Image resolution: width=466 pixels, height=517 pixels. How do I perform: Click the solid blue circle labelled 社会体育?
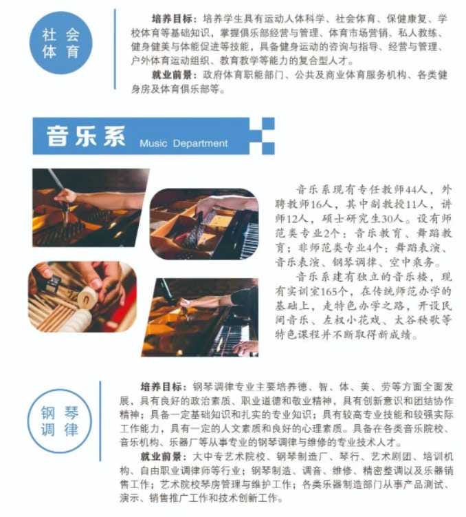[61, 43]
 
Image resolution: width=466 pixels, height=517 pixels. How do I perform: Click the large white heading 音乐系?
[86, 136]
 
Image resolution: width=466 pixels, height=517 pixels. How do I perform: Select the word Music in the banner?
[153, 143]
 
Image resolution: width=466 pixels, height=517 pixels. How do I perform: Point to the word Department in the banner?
[201, 144]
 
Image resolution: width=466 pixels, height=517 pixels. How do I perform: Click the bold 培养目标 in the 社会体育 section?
[172, 19]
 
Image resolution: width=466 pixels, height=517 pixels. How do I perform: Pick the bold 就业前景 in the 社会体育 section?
[172, 75]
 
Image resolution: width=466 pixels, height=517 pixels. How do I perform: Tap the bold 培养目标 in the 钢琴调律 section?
[161, 386]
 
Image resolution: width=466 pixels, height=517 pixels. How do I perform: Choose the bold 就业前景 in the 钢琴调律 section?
[161, 456]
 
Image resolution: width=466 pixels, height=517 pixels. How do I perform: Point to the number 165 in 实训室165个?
[329, 291]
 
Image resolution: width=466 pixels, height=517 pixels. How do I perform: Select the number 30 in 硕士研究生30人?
[388, 219]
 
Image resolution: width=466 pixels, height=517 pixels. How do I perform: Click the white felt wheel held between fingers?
[88, 297]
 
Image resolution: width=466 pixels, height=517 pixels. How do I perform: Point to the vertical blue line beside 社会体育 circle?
[115, 49]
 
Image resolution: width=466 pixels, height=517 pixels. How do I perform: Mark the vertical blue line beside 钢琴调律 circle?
[100, 421]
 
